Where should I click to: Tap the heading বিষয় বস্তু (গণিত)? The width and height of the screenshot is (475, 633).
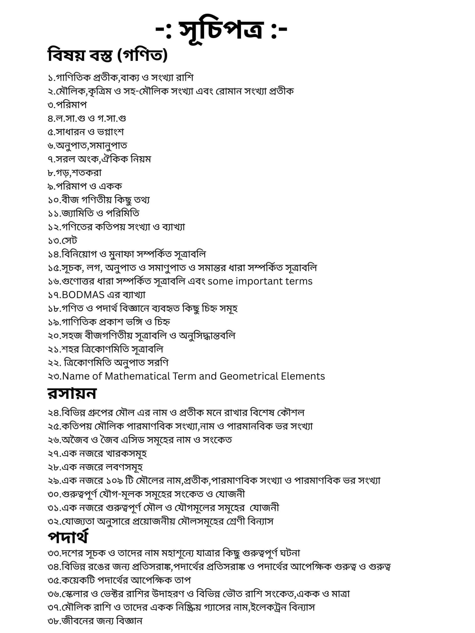(107, 55)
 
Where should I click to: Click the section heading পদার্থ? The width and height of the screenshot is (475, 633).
(68, 537)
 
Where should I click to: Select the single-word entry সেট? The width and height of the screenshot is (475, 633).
(69, 240)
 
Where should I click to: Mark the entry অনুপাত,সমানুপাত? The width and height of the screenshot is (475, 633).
(87, 145)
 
